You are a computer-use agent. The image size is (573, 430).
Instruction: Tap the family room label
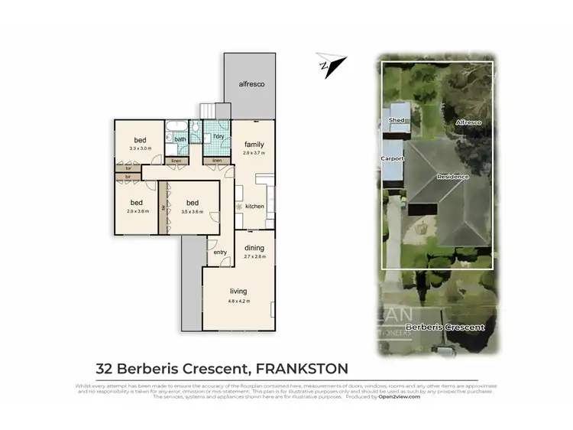click(254, 144)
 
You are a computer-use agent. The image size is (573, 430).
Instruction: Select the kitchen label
click(254, 206)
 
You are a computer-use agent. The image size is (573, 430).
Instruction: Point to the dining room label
click(254, 247)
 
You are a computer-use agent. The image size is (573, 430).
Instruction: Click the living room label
click(239, 292)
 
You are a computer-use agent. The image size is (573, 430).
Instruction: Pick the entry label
click(220, 252)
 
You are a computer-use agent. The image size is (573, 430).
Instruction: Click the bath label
click(180, 139)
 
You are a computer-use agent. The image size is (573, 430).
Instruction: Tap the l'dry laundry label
click(219, 138)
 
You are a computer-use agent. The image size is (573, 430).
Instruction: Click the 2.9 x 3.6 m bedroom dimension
click(137, 212)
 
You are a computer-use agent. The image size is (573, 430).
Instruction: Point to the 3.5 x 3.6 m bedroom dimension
click(192, 212)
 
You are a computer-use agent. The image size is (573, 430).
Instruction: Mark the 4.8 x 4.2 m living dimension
click(239, 301)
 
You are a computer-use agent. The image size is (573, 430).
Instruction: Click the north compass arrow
click(332, 64)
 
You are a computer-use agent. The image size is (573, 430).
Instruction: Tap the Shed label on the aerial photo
click(397, 120)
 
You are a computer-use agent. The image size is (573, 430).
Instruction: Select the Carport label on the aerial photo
click(393, 158)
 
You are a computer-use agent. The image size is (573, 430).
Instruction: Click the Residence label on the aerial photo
click(452, 177)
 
